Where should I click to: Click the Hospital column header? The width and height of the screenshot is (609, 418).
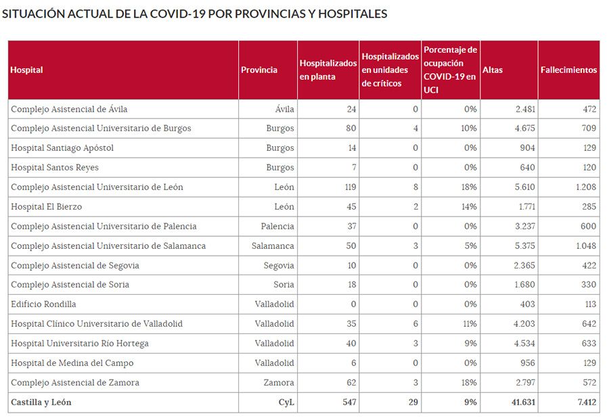pos(27,70)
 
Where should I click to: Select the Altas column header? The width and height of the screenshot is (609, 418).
pos(493,70)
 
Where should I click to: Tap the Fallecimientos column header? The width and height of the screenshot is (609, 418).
pos(568,70)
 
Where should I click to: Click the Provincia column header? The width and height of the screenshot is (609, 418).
pos(259,70)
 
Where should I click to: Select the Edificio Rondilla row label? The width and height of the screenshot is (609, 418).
pos(43,304)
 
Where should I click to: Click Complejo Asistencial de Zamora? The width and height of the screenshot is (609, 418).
pos(75,383)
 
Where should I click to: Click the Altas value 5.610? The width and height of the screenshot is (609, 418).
pos(522,187)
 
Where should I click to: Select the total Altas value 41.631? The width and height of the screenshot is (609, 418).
pos(520,402)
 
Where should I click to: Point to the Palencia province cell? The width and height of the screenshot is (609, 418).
pos(277,227)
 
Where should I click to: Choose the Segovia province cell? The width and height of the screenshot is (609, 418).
pos(279,266)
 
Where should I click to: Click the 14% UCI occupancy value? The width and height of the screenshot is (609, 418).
pos(469,207)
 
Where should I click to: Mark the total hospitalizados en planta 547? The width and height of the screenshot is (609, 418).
pos(348,402)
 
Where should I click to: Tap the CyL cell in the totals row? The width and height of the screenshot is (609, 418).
pos(285,402)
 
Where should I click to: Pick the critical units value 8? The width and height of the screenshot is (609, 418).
pos(415,187)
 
